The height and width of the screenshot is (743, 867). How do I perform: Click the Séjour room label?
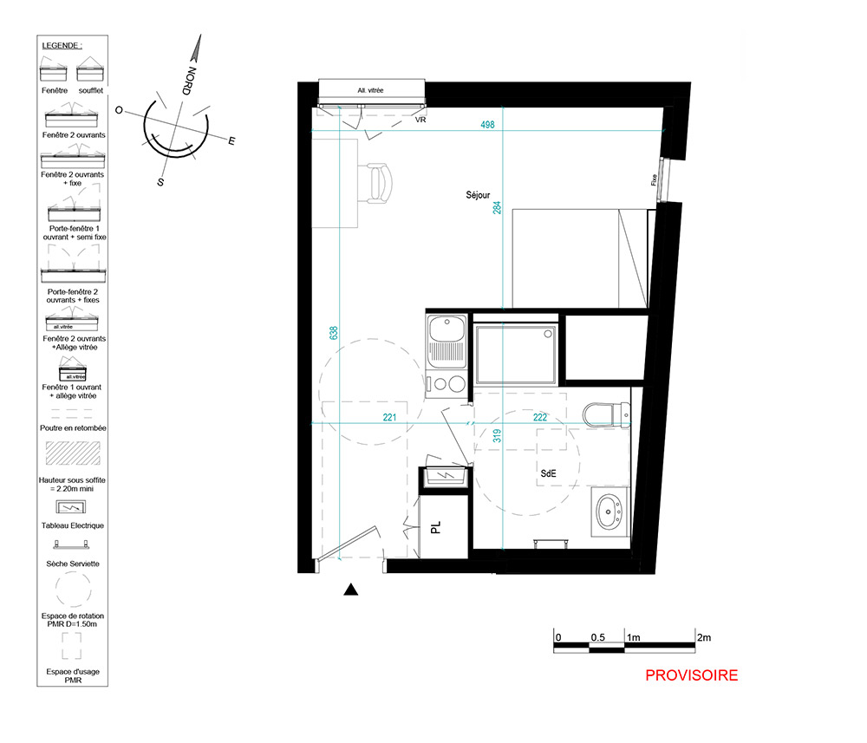pos(478,195)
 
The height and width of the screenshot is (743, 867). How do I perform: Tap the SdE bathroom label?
pos(548,473)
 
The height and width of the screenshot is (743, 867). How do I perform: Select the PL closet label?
pos(436,527)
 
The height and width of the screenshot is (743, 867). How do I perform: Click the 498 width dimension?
pos(487,125)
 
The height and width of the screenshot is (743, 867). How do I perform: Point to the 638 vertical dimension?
pos(334,333)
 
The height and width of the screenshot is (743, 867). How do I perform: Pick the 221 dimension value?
pos(390,417)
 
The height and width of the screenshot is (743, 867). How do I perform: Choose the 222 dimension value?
pos(540,417)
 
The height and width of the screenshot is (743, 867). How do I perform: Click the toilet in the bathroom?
pos(607,414)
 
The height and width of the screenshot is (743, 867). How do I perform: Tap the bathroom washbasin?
pos(609,512)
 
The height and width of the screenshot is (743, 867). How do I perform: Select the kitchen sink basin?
pos(447,329)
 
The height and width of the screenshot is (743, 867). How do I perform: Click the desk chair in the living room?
pos(378,183)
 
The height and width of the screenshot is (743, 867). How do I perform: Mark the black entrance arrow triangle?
pos(350,590)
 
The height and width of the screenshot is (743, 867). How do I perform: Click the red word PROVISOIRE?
pos(691,675)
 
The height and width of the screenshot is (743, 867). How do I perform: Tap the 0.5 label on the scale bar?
pos(597,637)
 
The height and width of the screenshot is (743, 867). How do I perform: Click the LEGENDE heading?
pos(62,45)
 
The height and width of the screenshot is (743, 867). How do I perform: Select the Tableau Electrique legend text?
pos(73,525)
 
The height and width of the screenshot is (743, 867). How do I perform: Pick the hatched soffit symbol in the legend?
pos(73,453)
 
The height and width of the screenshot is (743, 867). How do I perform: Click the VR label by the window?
pos(420,120)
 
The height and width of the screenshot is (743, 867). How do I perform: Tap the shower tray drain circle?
pos(548,334)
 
